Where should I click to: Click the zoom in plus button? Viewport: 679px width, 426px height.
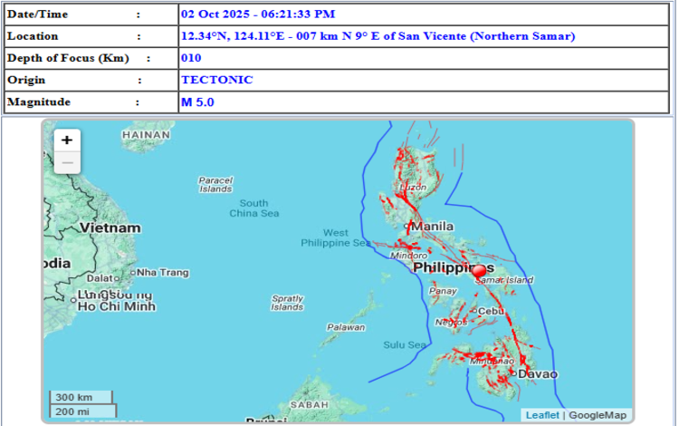(x=67, y=140)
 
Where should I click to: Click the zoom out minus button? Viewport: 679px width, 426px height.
(x=67, y=163)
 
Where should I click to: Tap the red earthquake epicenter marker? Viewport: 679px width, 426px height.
(x=480, y=272)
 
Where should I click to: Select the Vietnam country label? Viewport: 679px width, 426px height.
(x=110, y=228)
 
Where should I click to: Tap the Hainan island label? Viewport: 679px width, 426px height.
(x=146, y=135)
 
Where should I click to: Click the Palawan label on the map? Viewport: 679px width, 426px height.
(x=346, y=327)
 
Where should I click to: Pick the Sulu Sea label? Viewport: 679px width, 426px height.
(x=404, y=345)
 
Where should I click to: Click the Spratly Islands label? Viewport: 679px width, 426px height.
(x=287, y=303)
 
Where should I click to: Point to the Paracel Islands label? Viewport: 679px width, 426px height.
(x=215, y=184)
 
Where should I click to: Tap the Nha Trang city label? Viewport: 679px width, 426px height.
(x=163, y=272)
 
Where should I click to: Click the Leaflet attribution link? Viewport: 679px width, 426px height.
(x=542, y=415)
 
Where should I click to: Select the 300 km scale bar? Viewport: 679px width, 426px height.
(x=81, y=397)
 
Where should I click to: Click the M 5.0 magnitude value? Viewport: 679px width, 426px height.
(x=197, y=102)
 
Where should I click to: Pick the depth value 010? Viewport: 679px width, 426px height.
(x=190, y=58)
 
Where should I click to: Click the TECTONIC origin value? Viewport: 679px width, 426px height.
(x=216, y=80)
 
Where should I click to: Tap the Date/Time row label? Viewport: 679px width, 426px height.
(x=37, y=15)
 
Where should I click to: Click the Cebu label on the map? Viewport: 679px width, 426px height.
(x=490, y=311)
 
